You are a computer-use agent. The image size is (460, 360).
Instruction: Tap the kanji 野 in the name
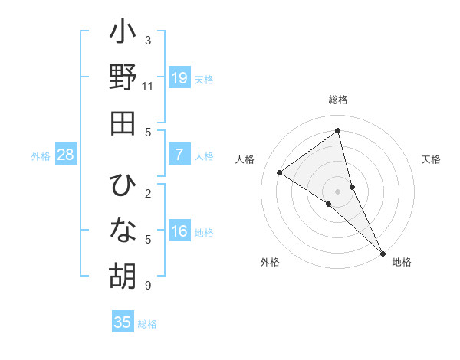pyautogui.click(x=123, y=78)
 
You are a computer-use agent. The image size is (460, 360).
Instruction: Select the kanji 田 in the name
pyautogui.click(x=123, y=123)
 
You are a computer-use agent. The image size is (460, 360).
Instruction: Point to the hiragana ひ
pyautogui.click(x=123, y=186)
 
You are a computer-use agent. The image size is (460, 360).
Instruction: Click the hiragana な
pyautogui.click(x=123, y=231)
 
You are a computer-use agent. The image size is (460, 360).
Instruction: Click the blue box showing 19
pyautogui.click(x=179, y=78)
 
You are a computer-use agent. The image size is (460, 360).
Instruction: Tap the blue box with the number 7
pyautogui.click(x=179, y=155)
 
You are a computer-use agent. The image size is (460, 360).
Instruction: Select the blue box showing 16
pyautogui.click(x=179, y=231)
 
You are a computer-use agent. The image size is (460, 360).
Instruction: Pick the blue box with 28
pyautogui.click(x=66, y=155)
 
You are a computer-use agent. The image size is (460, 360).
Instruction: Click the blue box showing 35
pyautogui.click(x=123, y=322)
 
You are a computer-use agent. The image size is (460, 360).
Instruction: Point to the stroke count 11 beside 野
pyautogui.click(x=147, y=87)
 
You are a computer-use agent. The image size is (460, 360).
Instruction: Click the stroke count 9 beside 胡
pyautogui.click(x=148, y=286)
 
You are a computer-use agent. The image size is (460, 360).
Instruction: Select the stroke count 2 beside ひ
pyautogui.click(x=148, y=194)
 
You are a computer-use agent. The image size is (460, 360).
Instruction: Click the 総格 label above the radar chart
pyautogui.click(x=338, y=100)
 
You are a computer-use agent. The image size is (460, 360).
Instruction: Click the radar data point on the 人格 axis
pyautogui.click(x=280, y=172)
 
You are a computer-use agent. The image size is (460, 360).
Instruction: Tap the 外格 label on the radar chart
pyautogui.click(x=270, y=262)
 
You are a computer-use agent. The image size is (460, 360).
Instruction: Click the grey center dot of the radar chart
pyautogui.click(x=338, y=191)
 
